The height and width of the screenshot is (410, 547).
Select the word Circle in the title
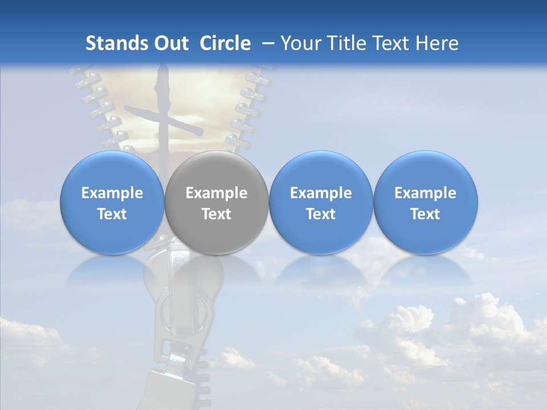pos(225,43)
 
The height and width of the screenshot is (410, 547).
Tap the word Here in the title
pos(438,43)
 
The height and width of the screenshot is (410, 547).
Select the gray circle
pos(217,203)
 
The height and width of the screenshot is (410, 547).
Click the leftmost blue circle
pos(112,203)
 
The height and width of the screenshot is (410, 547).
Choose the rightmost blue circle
pos(425,203)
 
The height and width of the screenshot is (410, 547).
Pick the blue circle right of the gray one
pos(321,203)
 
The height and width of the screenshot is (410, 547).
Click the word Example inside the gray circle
pos(217,193)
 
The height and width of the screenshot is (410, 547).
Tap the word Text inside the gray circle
pos(217,214)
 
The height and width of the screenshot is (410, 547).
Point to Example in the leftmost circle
pos(112,193)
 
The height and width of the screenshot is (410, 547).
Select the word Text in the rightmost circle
pos(425,214)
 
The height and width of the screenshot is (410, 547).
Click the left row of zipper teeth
pos(97,105)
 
